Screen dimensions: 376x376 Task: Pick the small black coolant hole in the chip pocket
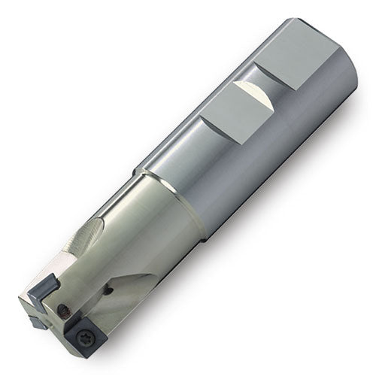(110, 287)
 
